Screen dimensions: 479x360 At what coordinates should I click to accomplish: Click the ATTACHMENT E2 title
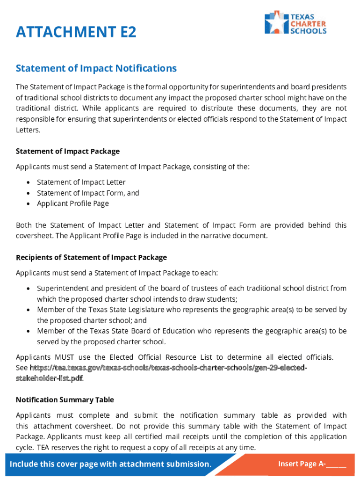[x=76, y=32]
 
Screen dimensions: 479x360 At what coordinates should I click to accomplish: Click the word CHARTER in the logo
[x=308, y=23]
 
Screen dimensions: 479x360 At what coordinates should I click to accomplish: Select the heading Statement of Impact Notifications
[x=96, y=68]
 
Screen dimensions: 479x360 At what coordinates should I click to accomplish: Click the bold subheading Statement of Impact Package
[x=68, y=151]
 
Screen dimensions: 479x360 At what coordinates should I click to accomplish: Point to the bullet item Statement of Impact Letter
[x=81, y=182]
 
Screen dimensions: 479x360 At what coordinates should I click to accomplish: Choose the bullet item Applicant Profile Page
[x=73, y=203]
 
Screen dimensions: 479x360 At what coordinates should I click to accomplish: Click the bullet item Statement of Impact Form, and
[x=88, y=193]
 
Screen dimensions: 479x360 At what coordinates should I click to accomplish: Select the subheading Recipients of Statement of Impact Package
[x=91, y=257]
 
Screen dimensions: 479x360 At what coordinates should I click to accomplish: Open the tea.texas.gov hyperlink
[x=168, y=368]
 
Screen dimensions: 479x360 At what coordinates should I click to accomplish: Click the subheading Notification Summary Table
[x=65, y=400]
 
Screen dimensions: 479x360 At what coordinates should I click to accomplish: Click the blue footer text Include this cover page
[x=110, y=464]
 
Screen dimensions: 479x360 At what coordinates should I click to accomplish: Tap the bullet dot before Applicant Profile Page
[x=29, y=204]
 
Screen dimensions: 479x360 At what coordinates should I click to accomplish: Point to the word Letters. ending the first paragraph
[x=28, y=130]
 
